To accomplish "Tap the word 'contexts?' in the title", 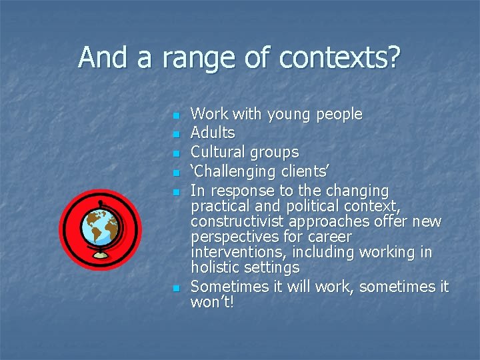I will (339, 58).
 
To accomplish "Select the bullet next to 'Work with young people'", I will (176, 116).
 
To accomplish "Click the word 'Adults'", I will (213, 133).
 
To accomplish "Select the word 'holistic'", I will (215, 268).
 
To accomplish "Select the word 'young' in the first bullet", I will (291, 115).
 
